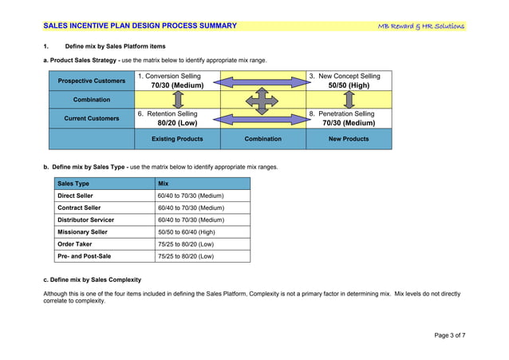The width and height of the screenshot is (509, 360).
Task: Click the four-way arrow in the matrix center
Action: [262, 100]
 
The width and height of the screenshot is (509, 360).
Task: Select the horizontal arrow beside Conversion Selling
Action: [262, 80]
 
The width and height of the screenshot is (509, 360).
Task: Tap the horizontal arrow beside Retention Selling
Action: [262, 119]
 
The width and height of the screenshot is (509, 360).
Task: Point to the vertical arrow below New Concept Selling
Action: [348, 100]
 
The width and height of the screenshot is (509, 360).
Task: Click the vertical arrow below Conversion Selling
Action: [177, 100]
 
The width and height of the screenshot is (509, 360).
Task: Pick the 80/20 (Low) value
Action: [177, 124]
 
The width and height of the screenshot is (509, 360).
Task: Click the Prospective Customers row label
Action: [92, 81]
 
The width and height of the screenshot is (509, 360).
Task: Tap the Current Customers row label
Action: [92, 119]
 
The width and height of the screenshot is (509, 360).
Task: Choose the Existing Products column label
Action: [177, 139]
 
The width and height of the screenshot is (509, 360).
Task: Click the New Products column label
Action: [349, 139]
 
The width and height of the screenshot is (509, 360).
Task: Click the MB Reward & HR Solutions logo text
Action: [421, 26]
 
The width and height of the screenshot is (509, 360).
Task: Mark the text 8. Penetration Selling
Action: [341, 114]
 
